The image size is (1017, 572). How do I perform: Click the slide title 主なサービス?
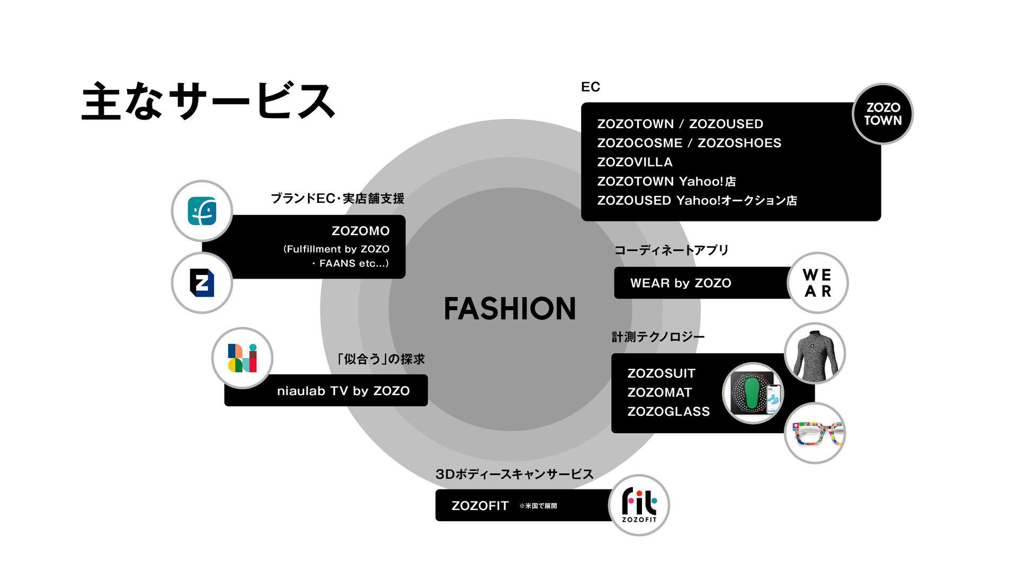click(208, 101)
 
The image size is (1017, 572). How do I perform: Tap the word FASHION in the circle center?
click(510, 309)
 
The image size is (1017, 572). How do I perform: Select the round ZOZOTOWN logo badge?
click(882, 114)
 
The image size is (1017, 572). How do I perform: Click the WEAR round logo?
click(817, 283)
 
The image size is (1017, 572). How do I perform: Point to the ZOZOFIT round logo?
click(639, 505)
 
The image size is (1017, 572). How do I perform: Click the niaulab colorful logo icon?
click(242, 358)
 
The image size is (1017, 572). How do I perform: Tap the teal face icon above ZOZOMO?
click(202, 211)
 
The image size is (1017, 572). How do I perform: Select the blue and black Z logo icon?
click(202, 283)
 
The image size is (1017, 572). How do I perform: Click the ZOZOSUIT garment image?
click(814, 353)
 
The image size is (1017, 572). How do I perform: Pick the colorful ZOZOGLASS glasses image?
click(814, 433)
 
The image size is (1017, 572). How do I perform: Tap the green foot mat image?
click(753, 394)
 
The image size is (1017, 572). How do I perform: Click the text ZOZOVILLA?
click(635, 162)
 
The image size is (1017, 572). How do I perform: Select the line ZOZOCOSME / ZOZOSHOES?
click(689, 143)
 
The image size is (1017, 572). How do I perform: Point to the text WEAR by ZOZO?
click(681, 283)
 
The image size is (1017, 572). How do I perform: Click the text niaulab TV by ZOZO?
click(343, 391)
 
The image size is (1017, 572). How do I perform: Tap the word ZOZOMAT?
click(659, 392)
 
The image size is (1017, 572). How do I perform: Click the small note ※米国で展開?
click(538, 506)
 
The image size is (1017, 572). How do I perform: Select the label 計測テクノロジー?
click(658, 337)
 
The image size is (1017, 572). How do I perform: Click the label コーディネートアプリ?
click(671, 250)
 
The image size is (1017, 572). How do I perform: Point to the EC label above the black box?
click(590, 87)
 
